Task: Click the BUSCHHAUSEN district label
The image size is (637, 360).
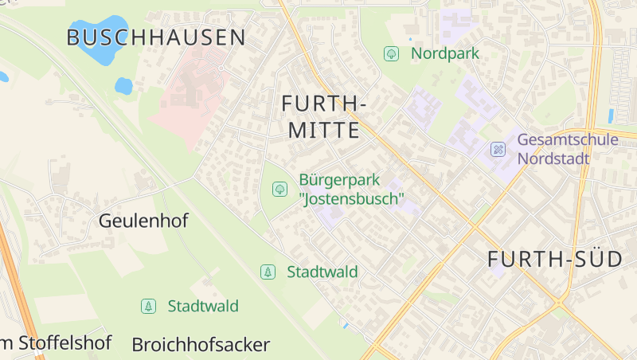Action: coord(156,37)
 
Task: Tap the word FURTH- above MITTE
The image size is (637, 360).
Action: coord(323,104)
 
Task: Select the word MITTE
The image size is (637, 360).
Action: coord(323,131)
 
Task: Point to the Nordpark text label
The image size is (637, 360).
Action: coord(445,54)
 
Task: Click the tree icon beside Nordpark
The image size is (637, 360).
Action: coord(391,54)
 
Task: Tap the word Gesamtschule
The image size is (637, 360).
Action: coord(567,140)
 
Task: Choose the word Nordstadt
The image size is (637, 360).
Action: coord(553,158)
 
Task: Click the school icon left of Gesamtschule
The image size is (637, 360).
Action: coord(498,149)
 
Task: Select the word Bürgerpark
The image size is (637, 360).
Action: coord(339,180)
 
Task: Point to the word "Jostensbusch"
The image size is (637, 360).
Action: coord(352,198)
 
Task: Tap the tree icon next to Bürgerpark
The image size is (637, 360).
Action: coord(279,189)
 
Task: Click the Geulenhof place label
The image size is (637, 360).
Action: coord(143,221)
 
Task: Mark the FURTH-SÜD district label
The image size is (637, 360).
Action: coord(554,259)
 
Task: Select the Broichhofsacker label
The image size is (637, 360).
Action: coord(201,345)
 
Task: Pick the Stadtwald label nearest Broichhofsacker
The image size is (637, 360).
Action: coord(202,306)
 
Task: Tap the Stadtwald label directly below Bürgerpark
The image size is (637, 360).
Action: coord(322,272)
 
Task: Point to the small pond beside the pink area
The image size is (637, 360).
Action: coord(123,85)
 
